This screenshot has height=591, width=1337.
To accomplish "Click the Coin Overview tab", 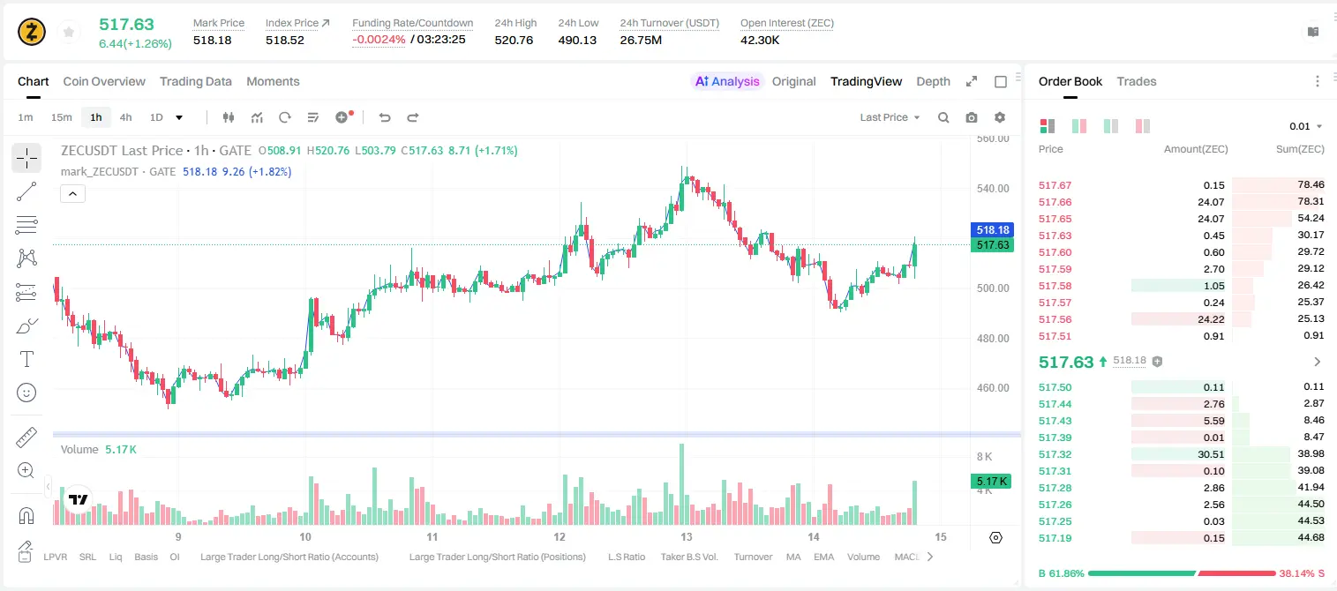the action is (x=104, y=81).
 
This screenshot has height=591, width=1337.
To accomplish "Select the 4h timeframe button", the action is (x=125, y=117).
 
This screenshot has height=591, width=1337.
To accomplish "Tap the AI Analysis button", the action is (x=727, y=81).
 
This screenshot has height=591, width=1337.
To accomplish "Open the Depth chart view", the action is (x=933, y=81).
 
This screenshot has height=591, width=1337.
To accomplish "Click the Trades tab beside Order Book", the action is (x=1137, y=81).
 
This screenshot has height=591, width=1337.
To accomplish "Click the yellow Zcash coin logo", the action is (x=32, y=33).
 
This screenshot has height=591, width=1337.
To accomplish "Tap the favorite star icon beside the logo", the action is (x=69, y=33).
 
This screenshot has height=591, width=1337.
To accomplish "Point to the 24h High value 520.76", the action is (x=514, y=40).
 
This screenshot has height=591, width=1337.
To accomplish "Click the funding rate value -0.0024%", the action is (x=379, y=40).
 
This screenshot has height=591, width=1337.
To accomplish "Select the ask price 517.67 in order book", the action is (x=1055, y=185).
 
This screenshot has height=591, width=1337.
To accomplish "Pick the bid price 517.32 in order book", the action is (x=1055, y=454).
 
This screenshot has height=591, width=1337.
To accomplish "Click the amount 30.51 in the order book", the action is (x=1211, y=454).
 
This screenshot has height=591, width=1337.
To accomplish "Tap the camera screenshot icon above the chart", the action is (x=971, y=117).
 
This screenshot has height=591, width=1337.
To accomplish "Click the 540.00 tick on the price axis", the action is (x=993, y=189).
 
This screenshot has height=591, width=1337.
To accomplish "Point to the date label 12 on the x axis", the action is (x=559, y=536).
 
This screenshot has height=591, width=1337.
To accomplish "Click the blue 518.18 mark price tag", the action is (x=992, y=229).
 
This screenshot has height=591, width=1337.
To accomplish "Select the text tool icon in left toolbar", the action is (x=26, y=359).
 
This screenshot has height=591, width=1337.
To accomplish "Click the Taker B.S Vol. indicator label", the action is (x=688, y=557).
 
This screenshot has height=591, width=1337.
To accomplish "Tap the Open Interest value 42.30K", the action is (x=760, y=40).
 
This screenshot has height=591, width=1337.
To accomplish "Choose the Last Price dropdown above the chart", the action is (x=890, y=117).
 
